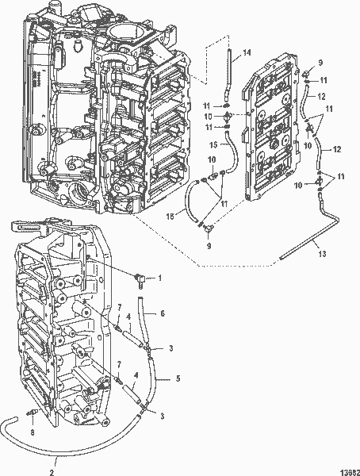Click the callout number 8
pyautogui.click(x=32, y=432)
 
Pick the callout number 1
pyautogui.click(x=159, y=278)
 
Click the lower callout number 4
pyautogui.click(x=138, y=374)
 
